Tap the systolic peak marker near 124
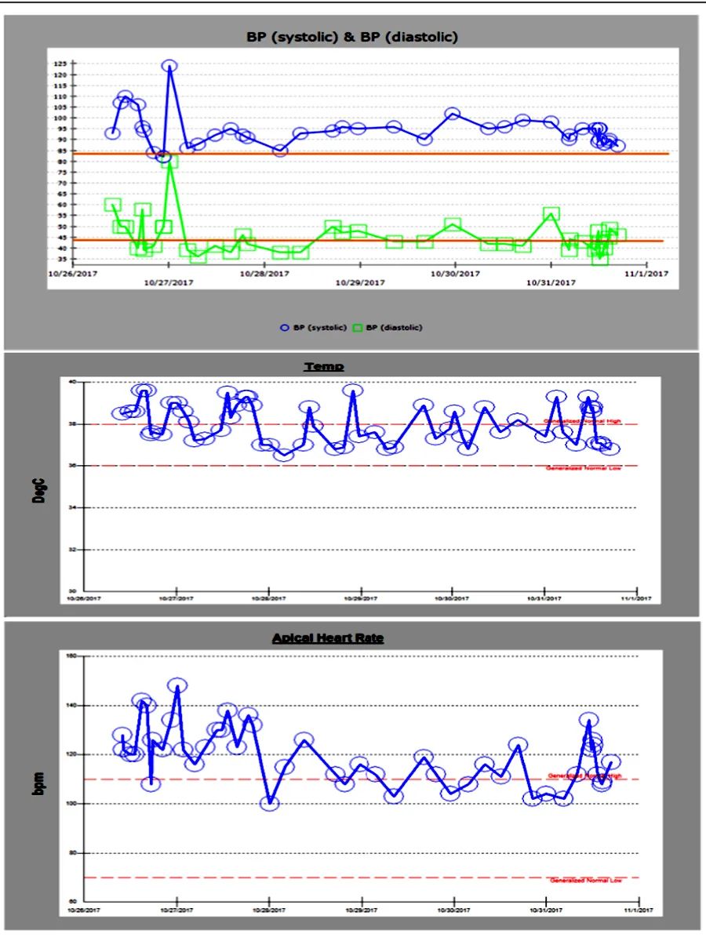click(x=169, y=66)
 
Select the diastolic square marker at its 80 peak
click(x=169, y=161)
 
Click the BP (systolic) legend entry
click(x=314, y=327)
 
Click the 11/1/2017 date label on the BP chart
click(x=648, y=274)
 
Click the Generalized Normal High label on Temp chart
click(x=582, y=421)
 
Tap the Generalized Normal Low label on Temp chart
click(x=582, y=468)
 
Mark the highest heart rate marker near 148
click(x=177, y=685)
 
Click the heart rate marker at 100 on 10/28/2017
click(x=269, y=803)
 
